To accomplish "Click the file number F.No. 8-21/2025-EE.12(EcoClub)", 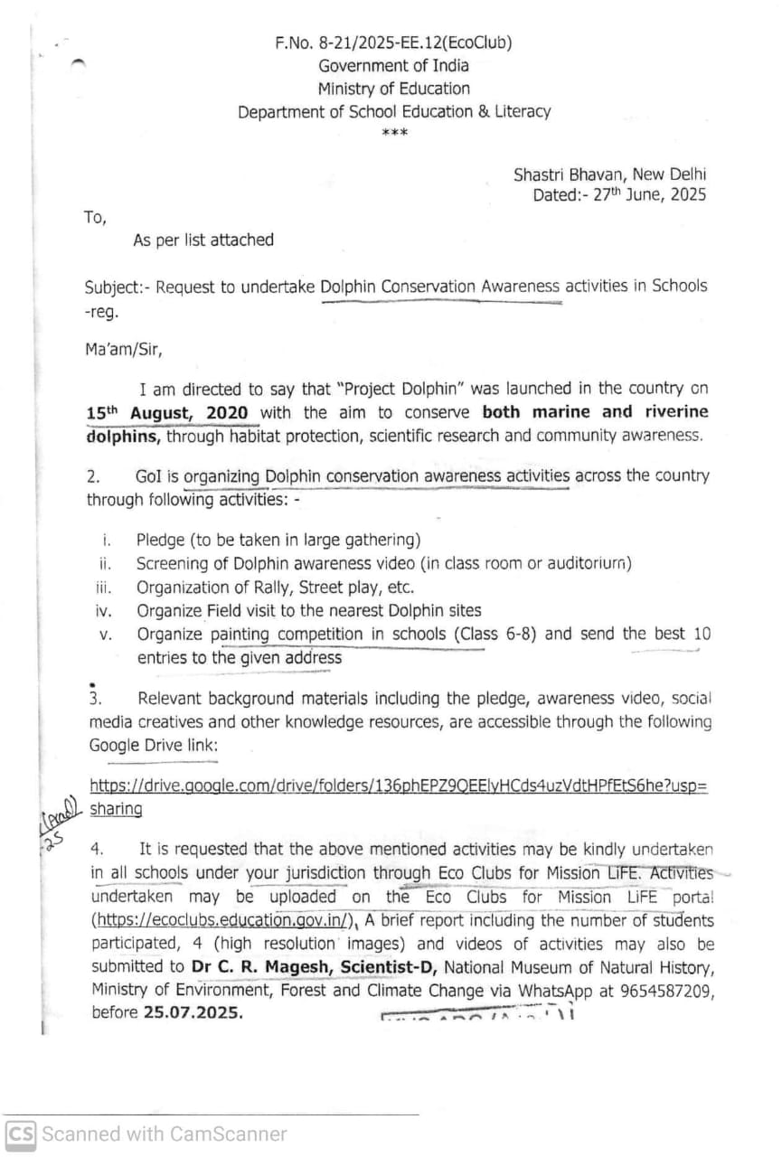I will pos(393,42).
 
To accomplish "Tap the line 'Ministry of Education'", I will pos(393,89).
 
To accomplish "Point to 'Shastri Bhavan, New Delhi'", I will pos(610,174).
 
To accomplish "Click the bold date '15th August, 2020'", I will pos(167,413).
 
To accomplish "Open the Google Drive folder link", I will pos(398,786).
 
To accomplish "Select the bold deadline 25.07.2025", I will pos(193,1013).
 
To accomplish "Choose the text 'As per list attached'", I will pos(203,240).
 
